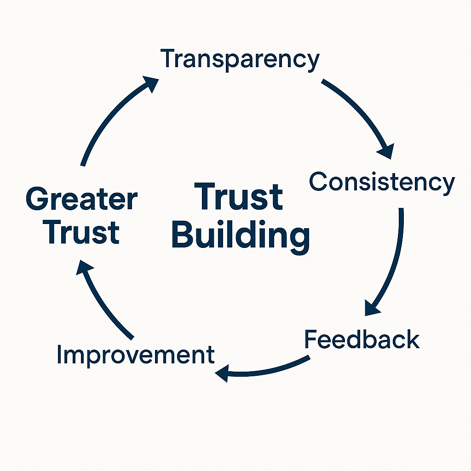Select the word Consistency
point(382,182)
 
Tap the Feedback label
point(362,340)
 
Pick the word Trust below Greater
point(83,232)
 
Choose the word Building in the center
point(241,235)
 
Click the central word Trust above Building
point(239,197)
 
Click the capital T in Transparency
point(168,59)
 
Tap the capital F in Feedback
point(311,339)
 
